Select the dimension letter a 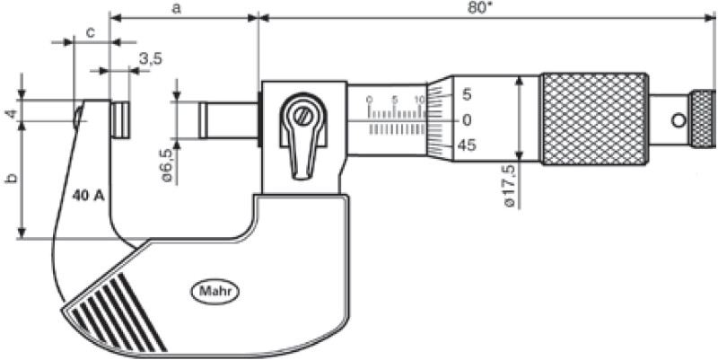coord(177,8)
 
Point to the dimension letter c coord(91,31)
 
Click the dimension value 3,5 coord(151,59)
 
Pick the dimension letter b coord(11,180)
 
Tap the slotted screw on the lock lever coord(304,117)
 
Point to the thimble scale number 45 coord(467,145)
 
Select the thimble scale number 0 coord(467,119)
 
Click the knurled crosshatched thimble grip coord(594,119)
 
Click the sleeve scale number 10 coord(419,99)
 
